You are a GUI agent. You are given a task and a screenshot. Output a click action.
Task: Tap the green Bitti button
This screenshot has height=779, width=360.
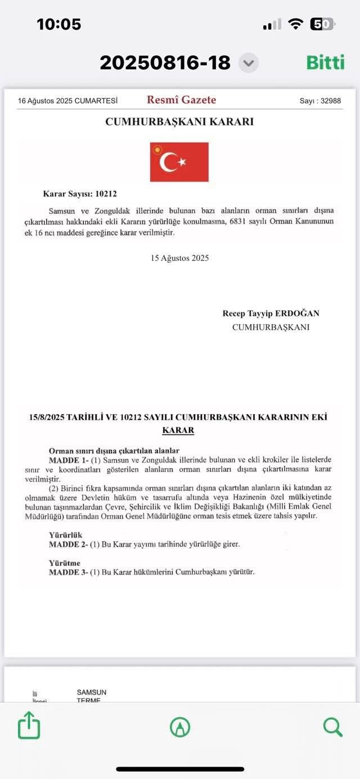click(325, 62)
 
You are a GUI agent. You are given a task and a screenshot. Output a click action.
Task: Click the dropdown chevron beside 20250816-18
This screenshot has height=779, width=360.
click(248, 62)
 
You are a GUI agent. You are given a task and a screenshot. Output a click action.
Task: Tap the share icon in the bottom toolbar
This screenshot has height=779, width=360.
click(29, 726)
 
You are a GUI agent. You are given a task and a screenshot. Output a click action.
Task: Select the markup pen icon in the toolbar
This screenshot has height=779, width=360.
click(180, 727)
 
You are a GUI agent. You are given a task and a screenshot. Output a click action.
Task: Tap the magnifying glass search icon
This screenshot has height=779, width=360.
click(332, 727)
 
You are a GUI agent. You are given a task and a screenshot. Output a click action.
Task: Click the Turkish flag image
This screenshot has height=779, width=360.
click(179, 162)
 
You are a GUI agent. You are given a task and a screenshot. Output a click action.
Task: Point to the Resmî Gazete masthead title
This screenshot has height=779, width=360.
click(181, 100)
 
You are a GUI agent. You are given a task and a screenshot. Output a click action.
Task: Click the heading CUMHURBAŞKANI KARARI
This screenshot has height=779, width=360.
click(179, 121)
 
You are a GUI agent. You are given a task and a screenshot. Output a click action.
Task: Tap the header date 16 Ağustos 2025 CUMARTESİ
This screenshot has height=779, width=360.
click(67, 101)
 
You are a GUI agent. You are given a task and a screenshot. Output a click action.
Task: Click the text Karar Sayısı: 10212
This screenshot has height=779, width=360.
click(80, 194)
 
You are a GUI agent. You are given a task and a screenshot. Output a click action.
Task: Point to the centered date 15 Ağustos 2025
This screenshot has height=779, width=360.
click(179, 258)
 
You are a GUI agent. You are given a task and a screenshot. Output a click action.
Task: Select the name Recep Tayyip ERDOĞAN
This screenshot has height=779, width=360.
click(271, 313)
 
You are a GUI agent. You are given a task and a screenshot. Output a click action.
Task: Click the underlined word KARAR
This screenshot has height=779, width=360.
click(178, 430)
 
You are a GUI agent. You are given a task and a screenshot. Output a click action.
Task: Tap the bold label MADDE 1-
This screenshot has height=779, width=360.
click(67, 460)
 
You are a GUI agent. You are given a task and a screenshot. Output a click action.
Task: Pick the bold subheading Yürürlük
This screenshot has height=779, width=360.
click(66, 535)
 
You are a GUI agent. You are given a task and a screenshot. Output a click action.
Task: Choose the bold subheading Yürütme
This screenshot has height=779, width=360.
click(65, 563)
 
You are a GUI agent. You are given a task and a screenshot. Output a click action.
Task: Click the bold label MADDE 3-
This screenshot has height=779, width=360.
click(67, 572)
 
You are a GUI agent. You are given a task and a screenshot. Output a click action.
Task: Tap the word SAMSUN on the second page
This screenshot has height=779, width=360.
click(92, 692)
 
